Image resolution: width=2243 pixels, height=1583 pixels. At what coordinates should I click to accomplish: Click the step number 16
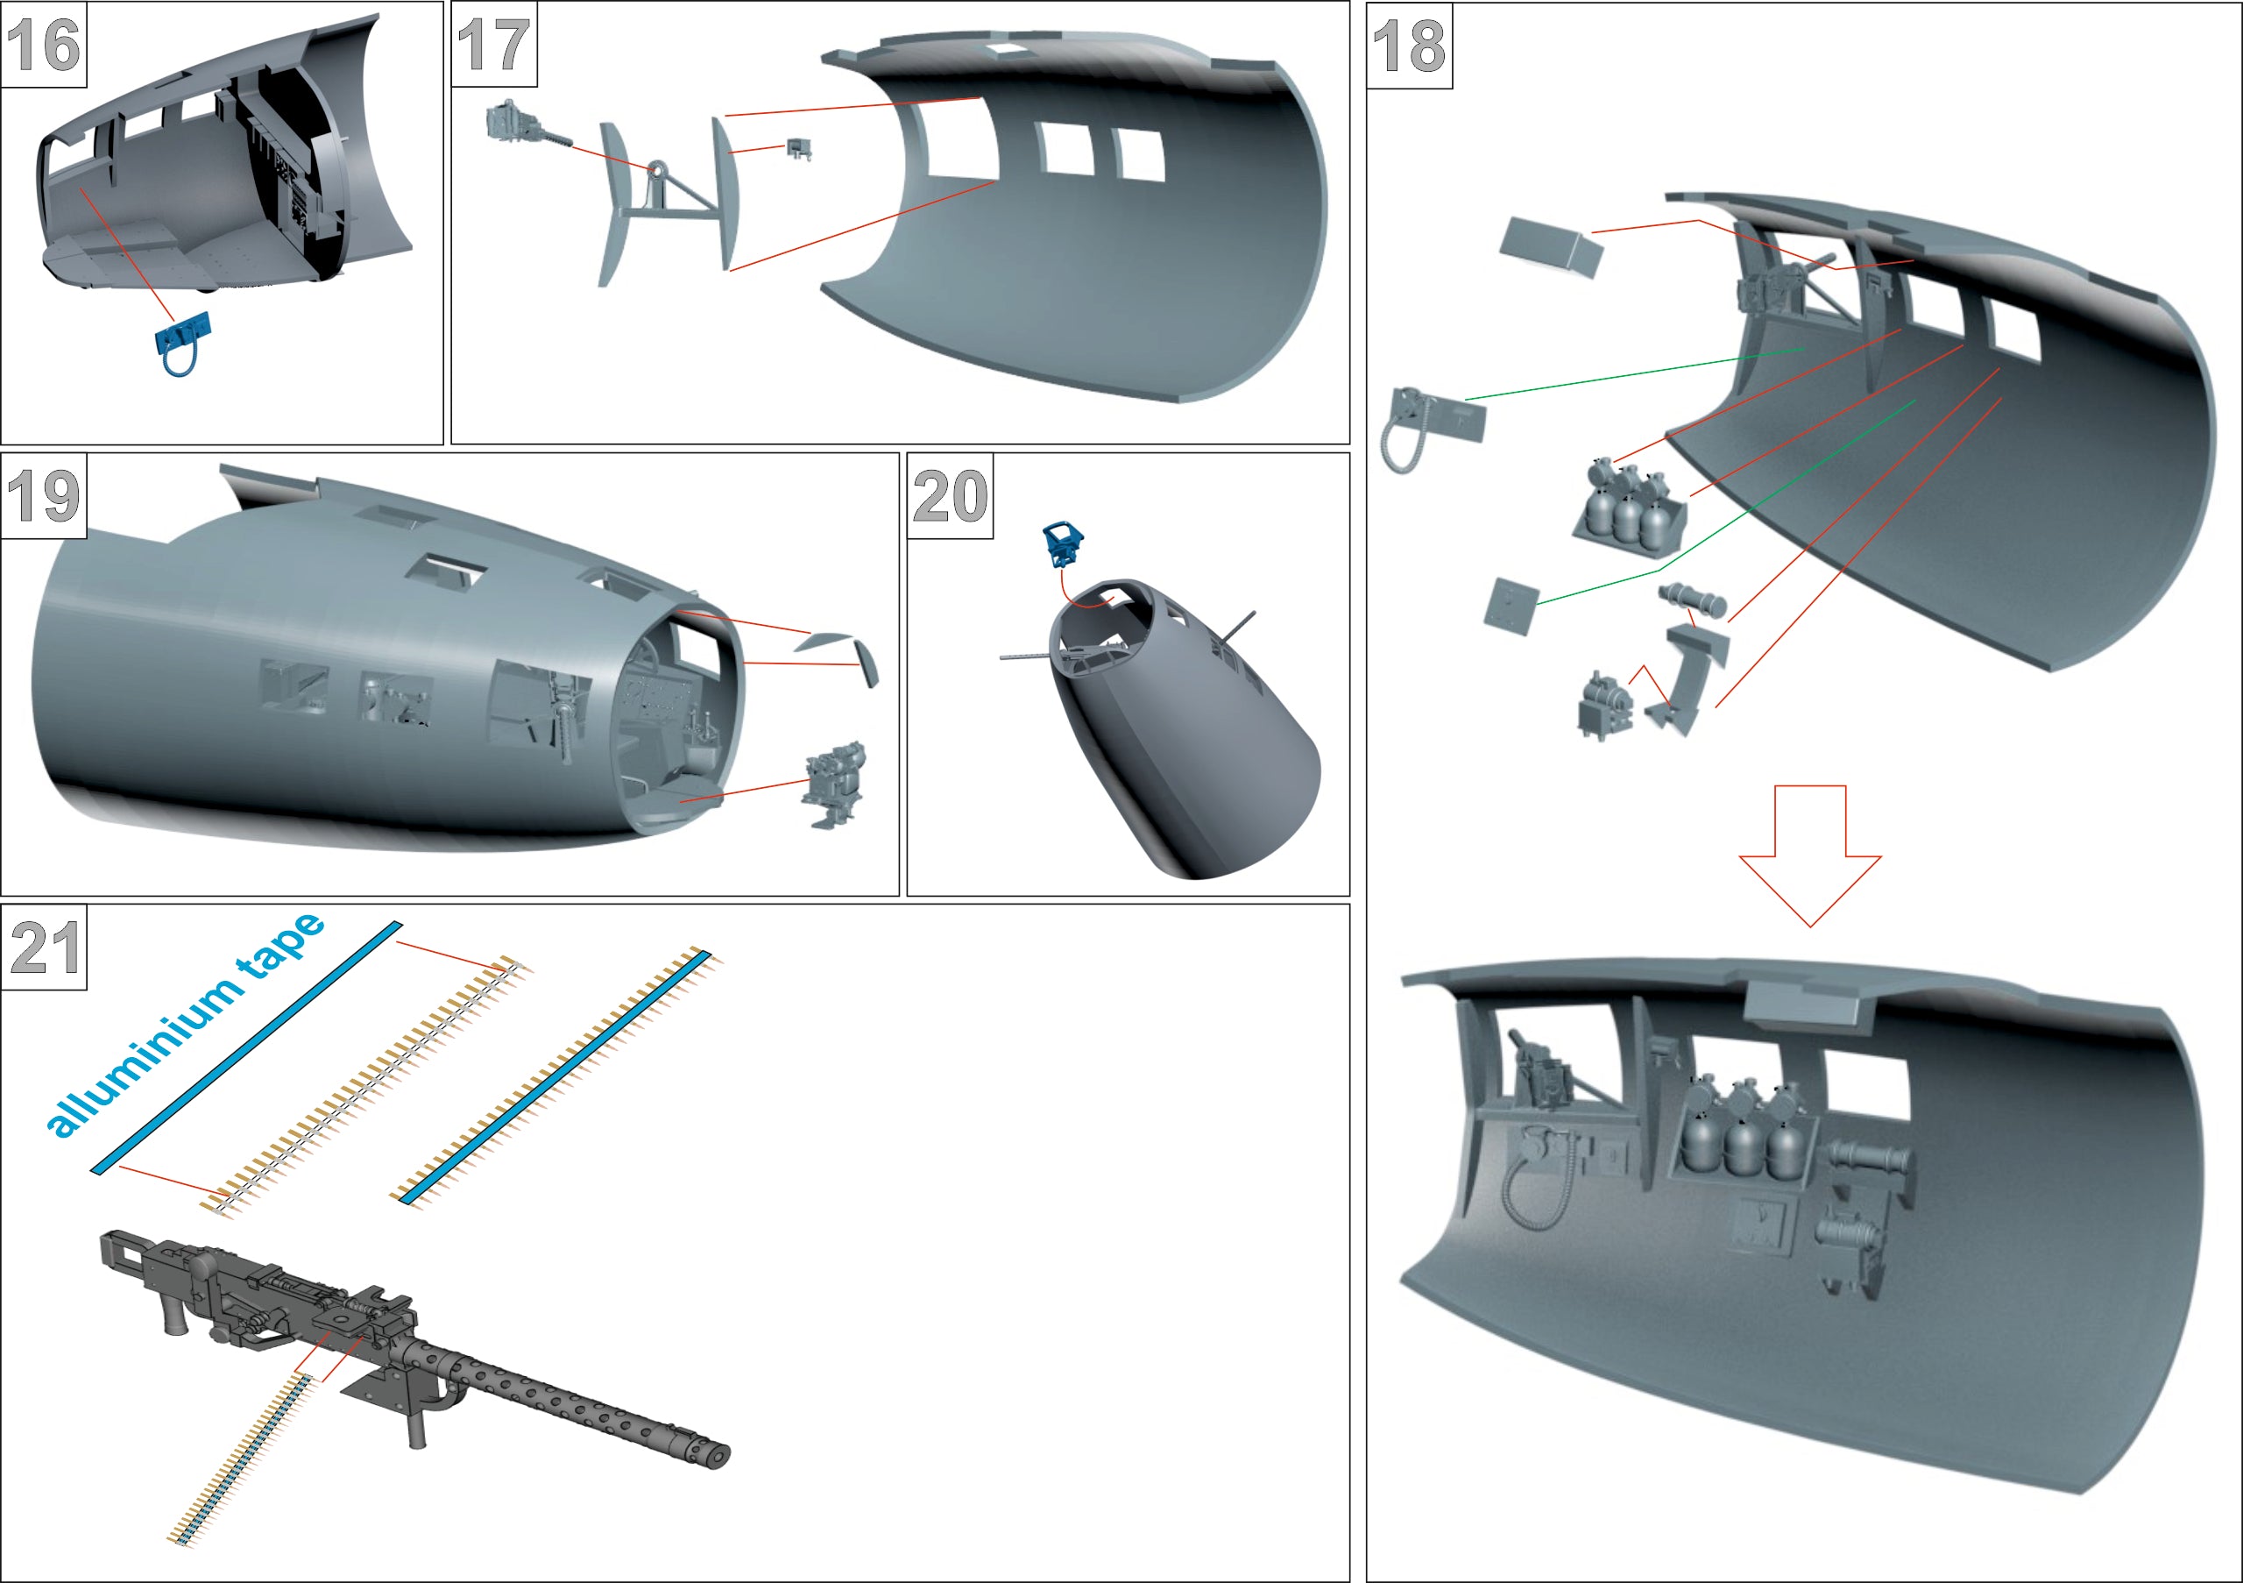coord(43,45)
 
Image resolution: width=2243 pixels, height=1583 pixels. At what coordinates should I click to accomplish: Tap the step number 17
coord(494,45)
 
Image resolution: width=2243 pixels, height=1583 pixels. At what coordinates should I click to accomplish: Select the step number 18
coord(1409,46)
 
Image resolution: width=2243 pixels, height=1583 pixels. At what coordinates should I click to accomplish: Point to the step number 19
coord(43,496)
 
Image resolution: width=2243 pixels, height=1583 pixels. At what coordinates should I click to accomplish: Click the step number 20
coord(950,496)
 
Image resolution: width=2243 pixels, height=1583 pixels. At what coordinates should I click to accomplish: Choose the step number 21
coord(44,948)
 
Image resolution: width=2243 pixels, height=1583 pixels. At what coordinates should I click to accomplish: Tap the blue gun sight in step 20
coord(1063,543)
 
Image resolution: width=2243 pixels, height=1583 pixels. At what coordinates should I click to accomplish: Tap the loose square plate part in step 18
coord(1511,606)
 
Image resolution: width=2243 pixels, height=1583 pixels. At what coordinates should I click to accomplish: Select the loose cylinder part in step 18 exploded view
coord(1692,599)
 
